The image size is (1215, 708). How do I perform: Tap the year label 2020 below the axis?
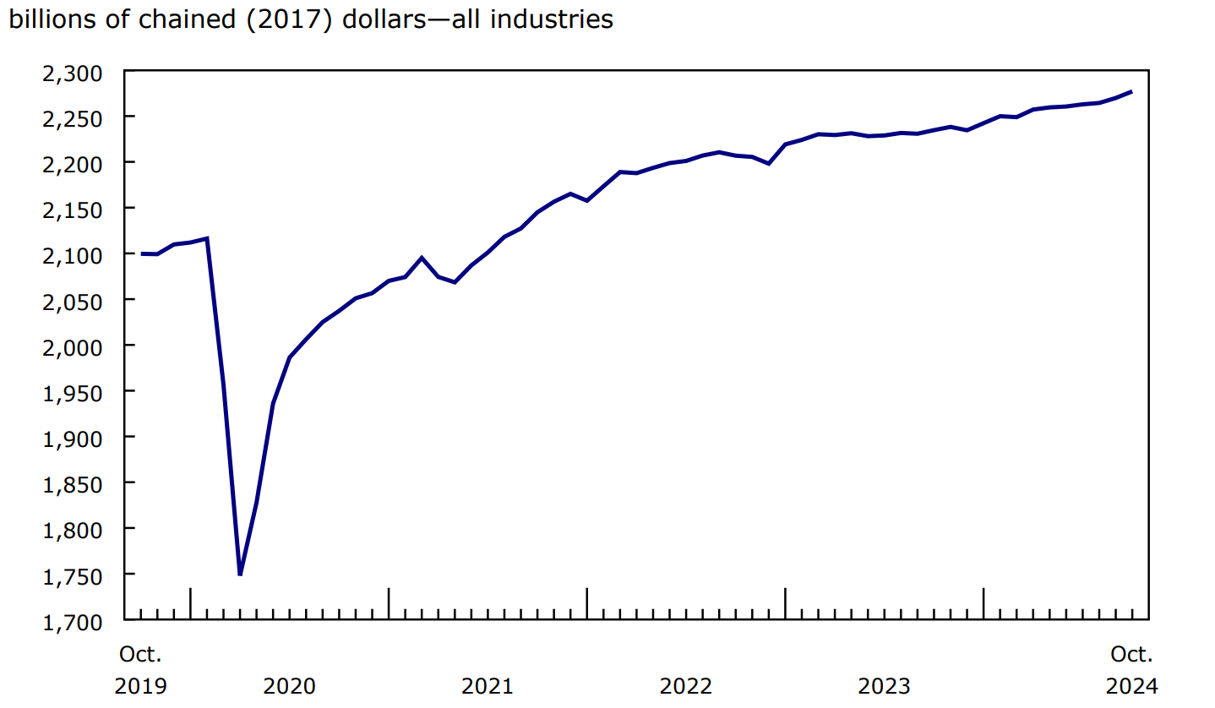(x=289, y=685)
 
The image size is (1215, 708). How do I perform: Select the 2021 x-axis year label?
(x=487, y=685)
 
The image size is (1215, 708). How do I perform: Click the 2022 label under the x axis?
(x=685, y=685)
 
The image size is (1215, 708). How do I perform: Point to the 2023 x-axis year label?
(x=884, y=685)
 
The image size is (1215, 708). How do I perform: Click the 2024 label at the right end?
(x=1131, y=685)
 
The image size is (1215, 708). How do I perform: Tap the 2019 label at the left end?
(x=140, y=685)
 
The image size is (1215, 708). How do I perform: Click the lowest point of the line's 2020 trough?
(x=240, y=575)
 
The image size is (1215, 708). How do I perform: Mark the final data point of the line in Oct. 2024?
(x=1131, y=91)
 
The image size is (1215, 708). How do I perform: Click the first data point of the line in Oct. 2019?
(x=141, y=253)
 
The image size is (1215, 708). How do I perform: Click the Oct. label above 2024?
(x=1131, y=654)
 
